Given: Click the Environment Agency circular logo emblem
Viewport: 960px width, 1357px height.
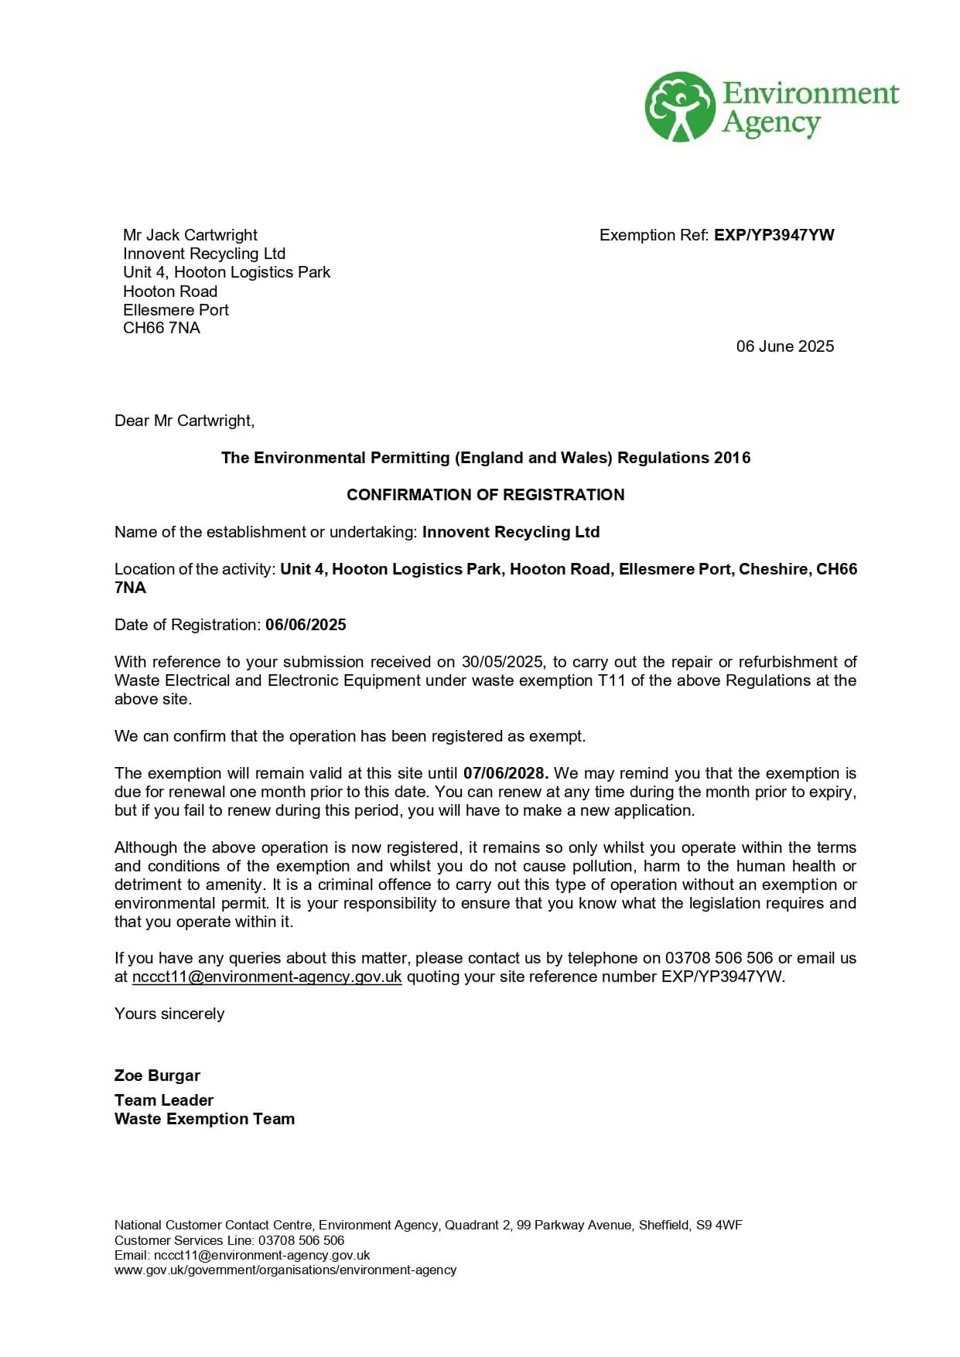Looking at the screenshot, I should [680, 107].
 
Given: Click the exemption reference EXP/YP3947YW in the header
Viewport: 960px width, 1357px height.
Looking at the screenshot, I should [774, 235].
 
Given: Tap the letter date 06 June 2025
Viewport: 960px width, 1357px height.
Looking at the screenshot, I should [784, 346].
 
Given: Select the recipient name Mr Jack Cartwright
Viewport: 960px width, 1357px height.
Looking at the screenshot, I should [190, 235].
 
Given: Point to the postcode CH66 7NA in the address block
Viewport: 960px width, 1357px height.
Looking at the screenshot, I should [161, 328].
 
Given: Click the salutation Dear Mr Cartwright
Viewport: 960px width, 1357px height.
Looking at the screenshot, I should [184, 421].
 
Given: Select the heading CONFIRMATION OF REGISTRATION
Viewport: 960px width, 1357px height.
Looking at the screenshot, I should [485, 495].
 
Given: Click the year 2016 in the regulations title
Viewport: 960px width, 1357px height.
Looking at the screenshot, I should [732, 458].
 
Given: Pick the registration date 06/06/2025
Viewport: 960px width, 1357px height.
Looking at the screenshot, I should [306, 625].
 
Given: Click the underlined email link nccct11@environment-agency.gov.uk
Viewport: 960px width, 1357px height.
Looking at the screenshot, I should [267, 977].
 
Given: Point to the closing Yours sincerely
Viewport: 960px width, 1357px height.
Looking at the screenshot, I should [169, 1014].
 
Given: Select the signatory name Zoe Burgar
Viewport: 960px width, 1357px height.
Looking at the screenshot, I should [157, 1076].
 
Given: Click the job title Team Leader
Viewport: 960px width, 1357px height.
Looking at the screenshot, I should [163, 1100].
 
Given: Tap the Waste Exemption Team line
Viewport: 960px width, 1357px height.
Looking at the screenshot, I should [204, 1119].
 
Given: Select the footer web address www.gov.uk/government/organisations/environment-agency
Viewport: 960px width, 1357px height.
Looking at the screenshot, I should [285, 1270].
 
